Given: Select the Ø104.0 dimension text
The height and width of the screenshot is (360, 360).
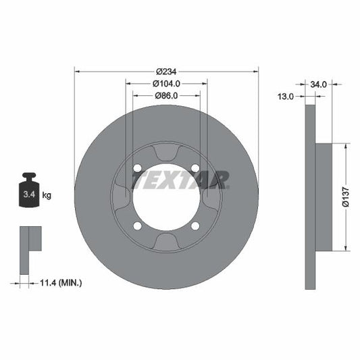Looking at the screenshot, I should [x=166, y=84].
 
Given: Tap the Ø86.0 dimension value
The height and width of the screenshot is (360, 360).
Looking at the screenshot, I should [x=166, y=96].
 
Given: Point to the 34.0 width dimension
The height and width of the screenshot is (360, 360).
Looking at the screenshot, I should [x=319, y=84].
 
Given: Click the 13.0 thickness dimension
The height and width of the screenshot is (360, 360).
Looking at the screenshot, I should [x=286, y=97].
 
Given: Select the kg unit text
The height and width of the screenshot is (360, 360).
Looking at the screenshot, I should [x=47, y=195].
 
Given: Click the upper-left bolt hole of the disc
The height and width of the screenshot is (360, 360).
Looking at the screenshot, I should [x=138, y=168].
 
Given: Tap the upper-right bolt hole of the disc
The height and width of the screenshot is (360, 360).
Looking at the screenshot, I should [x=195, y=168].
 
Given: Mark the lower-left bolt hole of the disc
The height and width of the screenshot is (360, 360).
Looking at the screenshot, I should [x=138, y=226].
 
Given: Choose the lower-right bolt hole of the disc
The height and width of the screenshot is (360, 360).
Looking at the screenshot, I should [x=195, y=226].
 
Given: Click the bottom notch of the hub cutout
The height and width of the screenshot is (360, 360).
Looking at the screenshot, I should [x=166, y=241].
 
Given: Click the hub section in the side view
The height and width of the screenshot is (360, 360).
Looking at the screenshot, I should [x=324, y=196].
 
